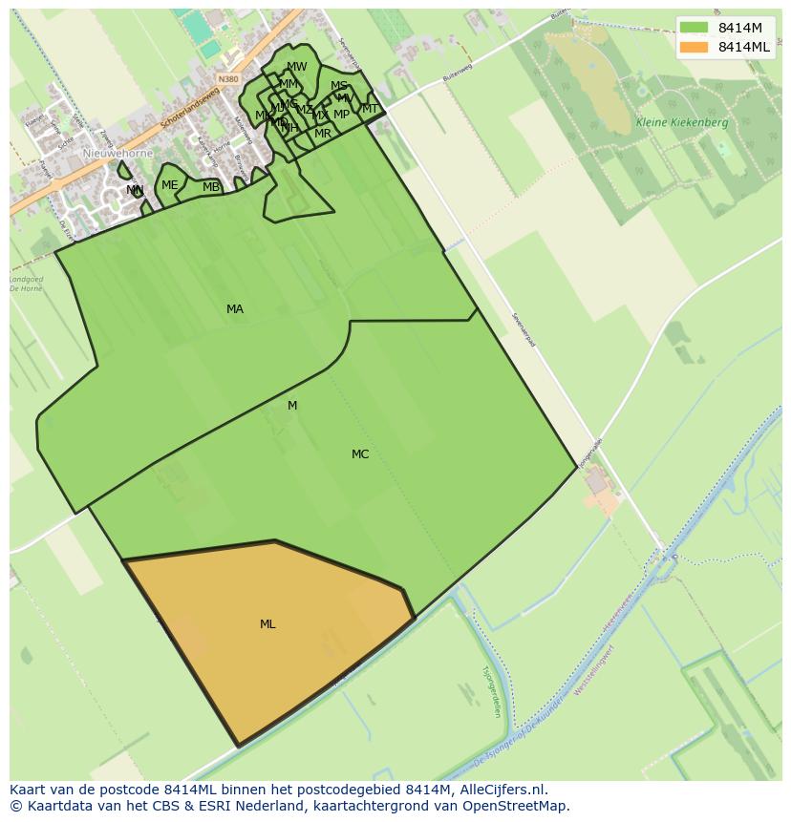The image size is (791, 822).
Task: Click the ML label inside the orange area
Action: click(x=267, y=624)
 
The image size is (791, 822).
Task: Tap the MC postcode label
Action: click(x=360, y=454)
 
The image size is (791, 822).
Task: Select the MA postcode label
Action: click(x=235, y=309)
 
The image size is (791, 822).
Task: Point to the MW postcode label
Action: click(x=297, y=67)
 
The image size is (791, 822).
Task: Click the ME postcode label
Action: click(x=169, y=185)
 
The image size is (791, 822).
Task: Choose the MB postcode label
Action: click(x=211, y=187)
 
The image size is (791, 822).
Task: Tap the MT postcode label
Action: click(x=371, y=109)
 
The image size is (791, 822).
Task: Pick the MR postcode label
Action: click(x=323, y=134)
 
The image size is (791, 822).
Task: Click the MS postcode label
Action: click(x=339, y=86)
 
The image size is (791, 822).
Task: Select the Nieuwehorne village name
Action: click(x=118, y=153)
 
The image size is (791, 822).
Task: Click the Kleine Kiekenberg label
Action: click(x=682, y=123)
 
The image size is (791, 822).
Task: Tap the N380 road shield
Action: click(x=227, y=79)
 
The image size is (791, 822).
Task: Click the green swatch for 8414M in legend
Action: click(x=695, y=28)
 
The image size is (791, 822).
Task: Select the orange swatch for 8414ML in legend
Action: click(x=695, y=47)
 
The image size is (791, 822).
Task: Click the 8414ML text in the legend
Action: click(x=743, y=47)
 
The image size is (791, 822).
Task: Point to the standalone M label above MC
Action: click(x=292, y=406)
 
